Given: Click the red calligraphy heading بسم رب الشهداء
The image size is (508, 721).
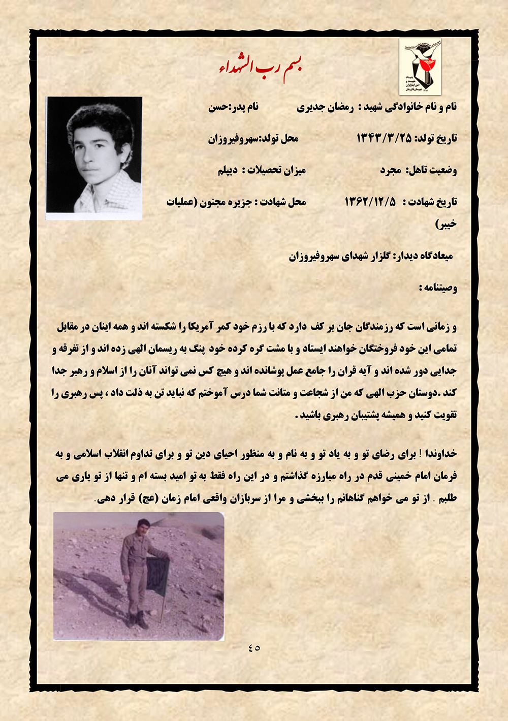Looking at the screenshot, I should (x=260, y=68).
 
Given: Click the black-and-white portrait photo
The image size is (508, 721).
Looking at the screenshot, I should (x=94, y=158).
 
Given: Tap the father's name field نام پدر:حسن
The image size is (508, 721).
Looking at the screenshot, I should (x=233, y=107).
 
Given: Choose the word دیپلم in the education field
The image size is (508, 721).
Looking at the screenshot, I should (x=228, y=170).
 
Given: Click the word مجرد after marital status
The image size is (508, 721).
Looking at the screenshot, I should (x=391, y=170).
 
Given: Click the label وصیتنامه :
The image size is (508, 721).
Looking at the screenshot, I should (x=438, y=288).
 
